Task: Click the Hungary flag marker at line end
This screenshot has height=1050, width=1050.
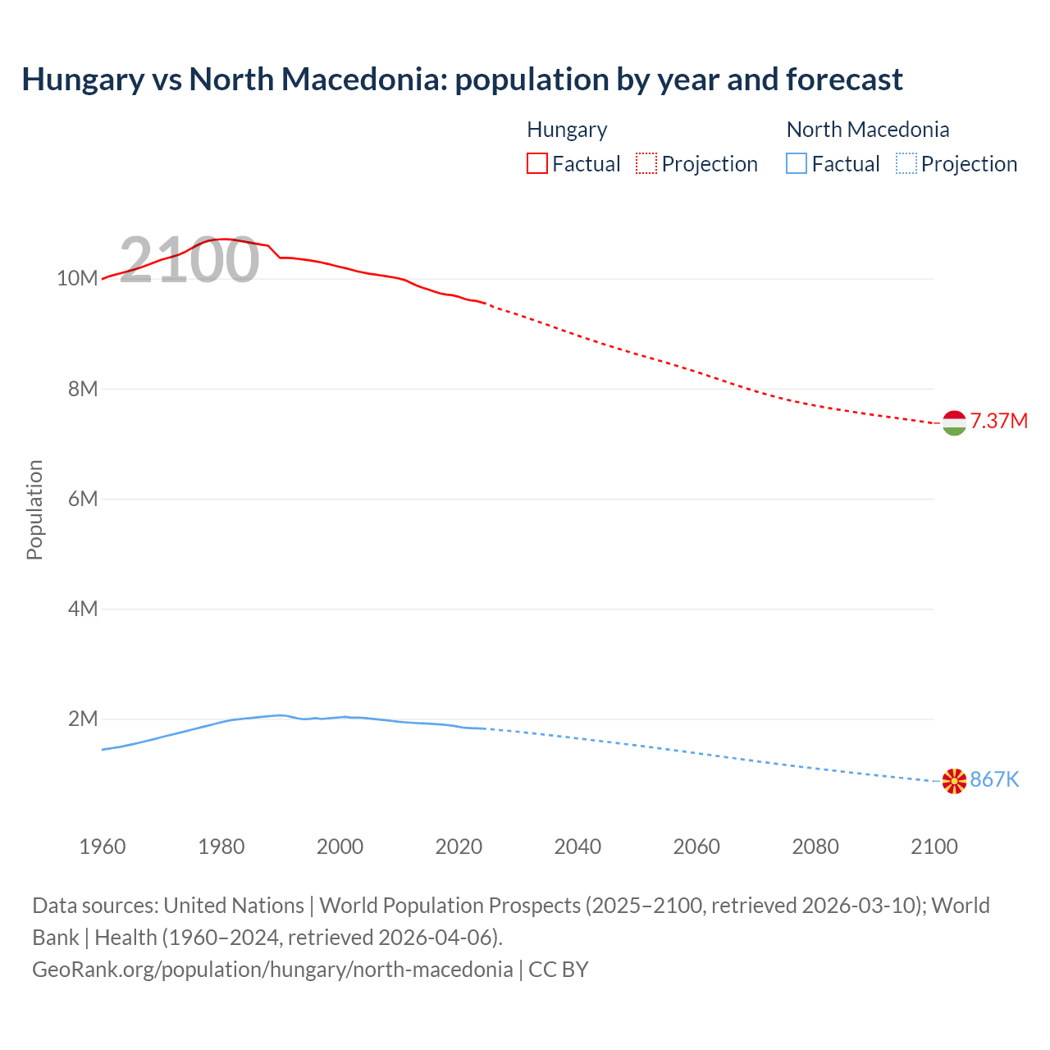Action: click(x=954, y=422)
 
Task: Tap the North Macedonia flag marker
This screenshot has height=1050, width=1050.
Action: click(x=954, y=781)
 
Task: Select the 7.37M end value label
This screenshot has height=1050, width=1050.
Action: click(x=998, y=422)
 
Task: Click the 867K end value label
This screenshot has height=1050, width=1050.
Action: click(x=994, y=780)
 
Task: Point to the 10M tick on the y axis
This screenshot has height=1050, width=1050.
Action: click(x=77, y=279)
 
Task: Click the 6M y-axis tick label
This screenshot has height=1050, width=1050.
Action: click(x=82, y=499)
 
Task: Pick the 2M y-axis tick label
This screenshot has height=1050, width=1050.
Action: click(x=82, y=719)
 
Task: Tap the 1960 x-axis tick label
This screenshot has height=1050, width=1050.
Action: click(x=103, y=847)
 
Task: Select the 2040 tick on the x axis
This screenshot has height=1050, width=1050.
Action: click(x=577, y=847)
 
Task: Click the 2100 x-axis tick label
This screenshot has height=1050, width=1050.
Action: click(x=934, y=847)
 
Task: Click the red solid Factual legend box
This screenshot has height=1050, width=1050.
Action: click(x=537, y=164)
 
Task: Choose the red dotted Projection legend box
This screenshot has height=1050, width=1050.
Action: click(x=646, y=164)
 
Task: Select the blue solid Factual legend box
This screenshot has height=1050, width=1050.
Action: click(x=797, y=164)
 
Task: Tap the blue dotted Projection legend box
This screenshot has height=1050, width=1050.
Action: click(x=906, y=164)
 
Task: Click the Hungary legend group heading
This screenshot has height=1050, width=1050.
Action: click(x=567, y=130)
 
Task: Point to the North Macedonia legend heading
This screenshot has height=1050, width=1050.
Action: click(x=868, y=130)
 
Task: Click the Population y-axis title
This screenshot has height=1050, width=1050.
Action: click(x=34, y=509)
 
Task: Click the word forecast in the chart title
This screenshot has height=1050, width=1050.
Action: click(x=844, y=80)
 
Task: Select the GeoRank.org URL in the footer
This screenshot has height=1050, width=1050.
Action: click(x=272, y=970)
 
